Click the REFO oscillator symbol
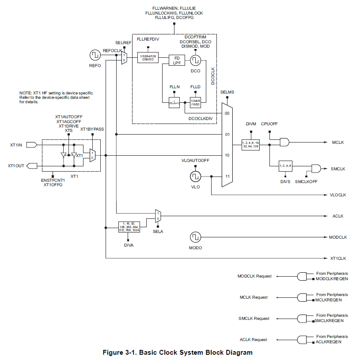[x=95, y=56]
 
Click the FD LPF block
[x=177, y=60]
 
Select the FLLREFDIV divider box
[x=148, y=58]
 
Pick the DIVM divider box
[x=251, y=145]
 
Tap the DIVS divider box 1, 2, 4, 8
[x=285, y=166]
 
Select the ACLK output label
[x=337, y=216]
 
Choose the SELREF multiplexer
[x=124, y=57]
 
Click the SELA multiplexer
[x=158, y=216]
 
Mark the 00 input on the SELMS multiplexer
[x=227, y=113]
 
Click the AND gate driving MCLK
[x=284, y=143]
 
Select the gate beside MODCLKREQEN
[x=303, y=276]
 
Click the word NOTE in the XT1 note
[x=25, y=93]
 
